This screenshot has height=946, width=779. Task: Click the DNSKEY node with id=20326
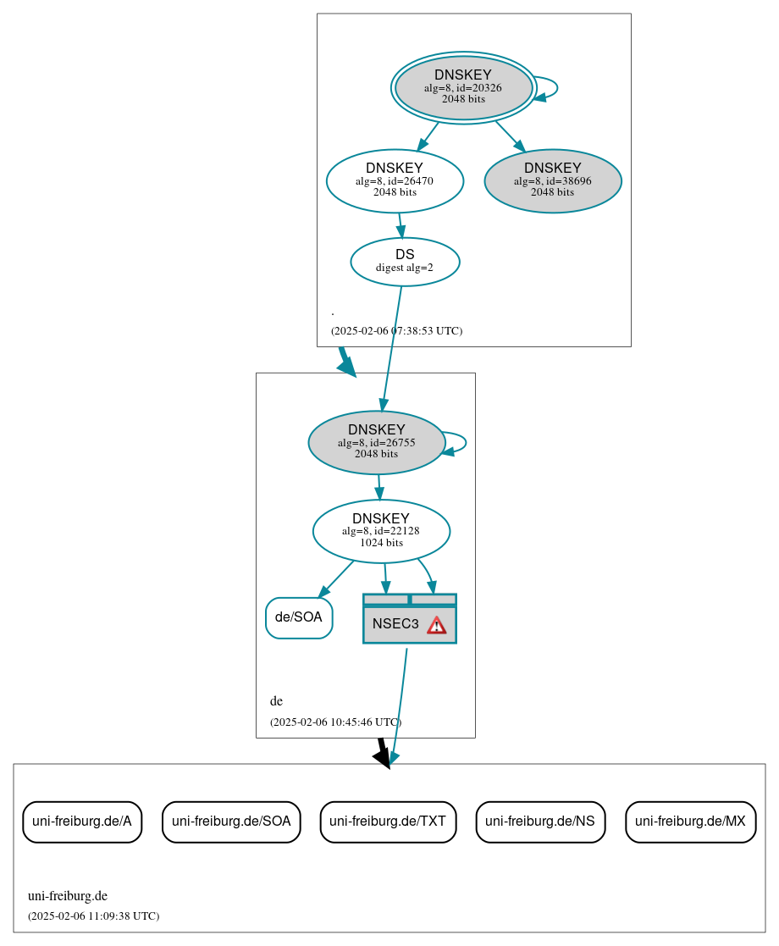pos(463,87)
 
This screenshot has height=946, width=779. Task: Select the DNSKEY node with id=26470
pos(395,180)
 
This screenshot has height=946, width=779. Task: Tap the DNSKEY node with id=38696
pos(553,180)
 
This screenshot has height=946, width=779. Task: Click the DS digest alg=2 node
pos(405,262)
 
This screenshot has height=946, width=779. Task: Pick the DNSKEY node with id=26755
pos(377,442)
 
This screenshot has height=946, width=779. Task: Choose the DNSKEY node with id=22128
pos(381,531)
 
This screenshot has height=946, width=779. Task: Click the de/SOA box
pos(299,617)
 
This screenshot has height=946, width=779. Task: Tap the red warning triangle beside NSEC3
pos(436,625)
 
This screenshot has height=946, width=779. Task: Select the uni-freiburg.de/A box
pos(82,822)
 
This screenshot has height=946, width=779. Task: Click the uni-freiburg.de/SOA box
pos(231,822)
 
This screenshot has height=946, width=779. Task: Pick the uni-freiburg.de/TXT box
pos(388,822)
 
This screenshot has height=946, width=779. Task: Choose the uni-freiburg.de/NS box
pos(540,822)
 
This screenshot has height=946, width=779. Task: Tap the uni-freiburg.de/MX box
pos(690,822)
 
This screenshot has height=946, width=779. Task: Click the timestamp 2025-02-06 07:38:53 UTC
pos(396,331)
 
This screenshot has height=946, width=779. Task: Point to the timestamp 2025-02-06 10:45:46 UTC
pos(335,722)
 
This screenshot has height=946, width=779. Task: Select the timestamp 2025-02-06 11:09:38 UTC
pos(93,916)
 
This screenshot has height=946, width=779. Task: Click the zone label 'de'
pos(276,701)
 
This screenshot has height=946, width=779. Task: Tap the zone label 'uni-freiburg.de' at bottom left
pos(68,896)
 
